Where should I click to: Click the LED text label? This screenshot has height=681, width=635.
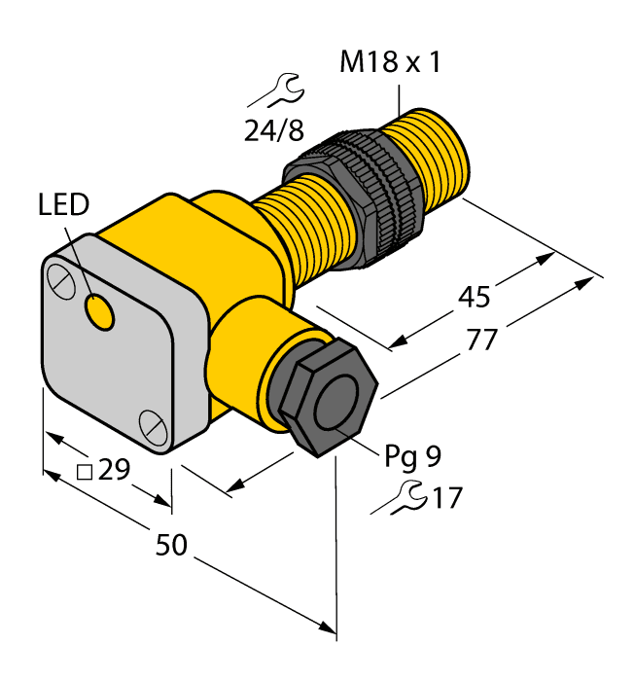pyautogui.click(x=63, y=205)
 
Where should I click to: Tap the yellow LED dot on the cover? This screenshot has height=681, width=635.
pyautogui.click(x=98, y=312)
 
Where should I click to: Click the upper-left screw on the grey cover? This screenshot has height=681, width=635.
pyautogui.click(x=61, y=281)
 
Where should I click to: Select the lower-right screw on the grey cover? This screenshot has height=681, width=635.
pyautogui.click(x=152, y=424)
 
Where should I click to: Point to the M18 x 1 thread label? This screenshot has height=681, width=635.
pyautogui.click(x=389, y=63)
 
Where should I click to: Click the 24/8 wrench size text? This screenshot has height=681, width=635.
pyautogui.click(x=274, y=130)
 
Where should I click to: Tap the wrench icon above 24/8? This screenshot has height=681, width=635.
pyautogui.click(x=274, y=93)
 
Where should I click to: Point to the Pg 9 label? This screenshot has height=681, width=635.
pyautogui.click(x=413, y=455)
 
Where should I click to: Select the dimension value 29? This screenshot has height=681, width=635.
pyautogui.click(x=115, y=471)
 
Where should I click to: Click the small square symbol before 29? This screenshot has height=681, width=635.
pyautogui.click(x=85, y=473)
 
